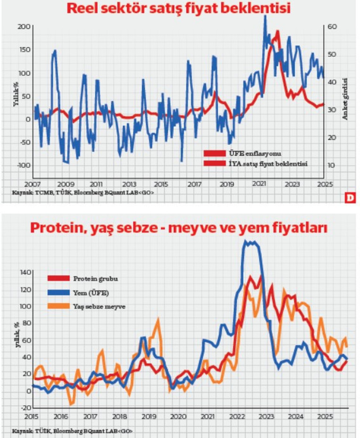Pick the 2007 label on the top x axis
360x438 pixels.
pos(32,184)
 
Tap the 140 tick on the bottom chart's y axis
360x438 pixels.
pos(25,272)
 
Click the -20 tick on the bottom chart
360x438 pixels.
pos(25,407)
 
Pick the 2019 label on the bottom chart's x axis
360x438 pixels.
pos(150,417)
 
